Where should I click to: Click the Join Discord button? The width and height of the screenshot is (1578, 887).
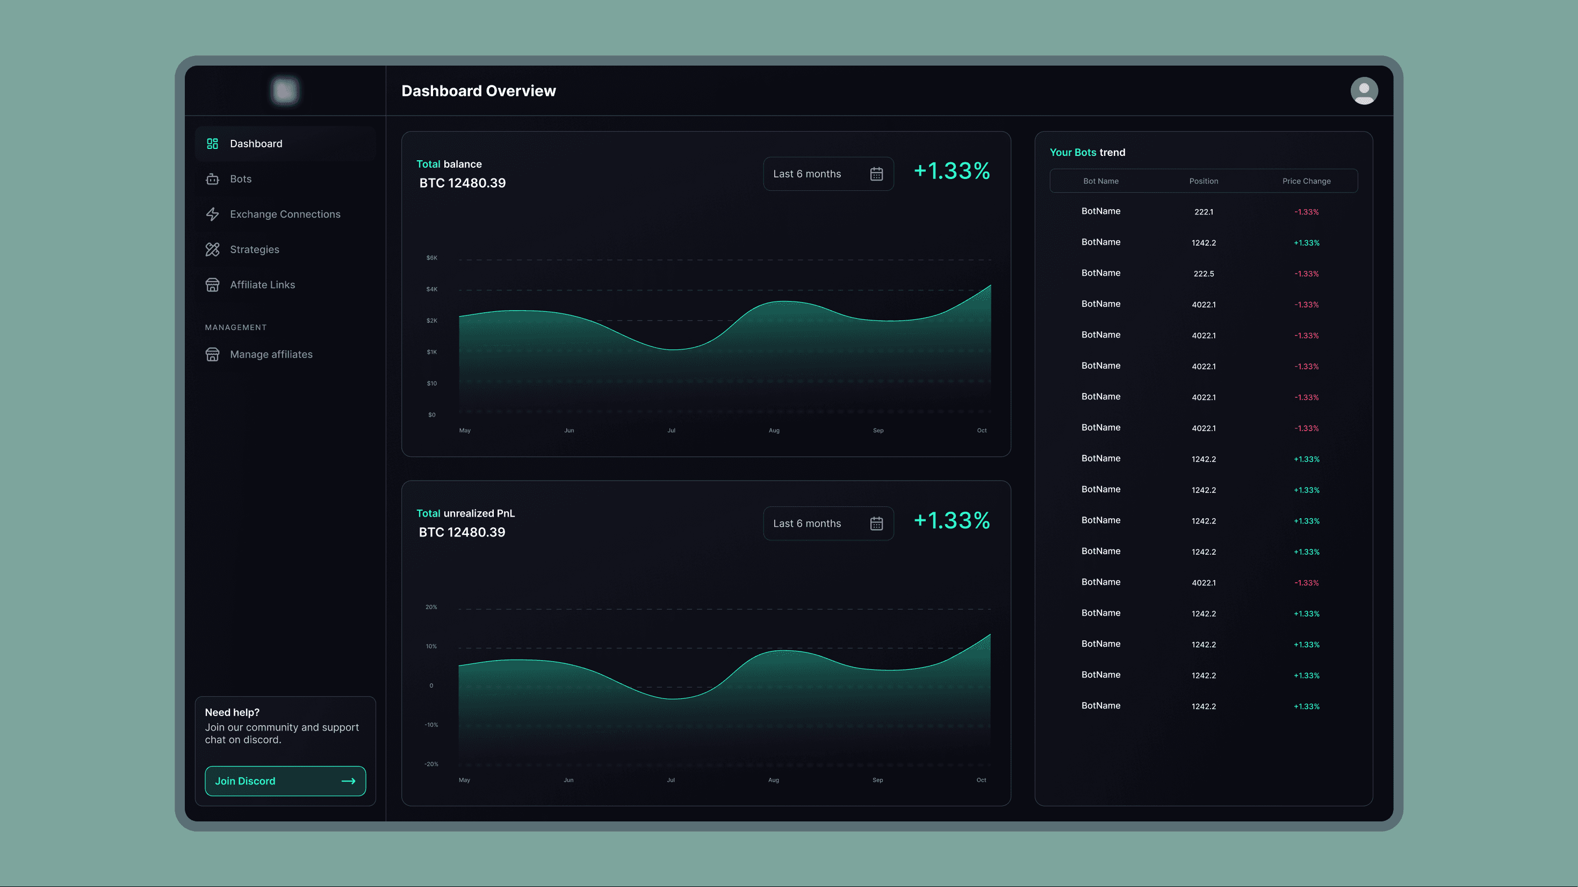pos(285,781)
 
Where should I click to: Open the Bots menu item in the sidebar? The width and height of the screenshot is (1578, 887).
pos(240,179)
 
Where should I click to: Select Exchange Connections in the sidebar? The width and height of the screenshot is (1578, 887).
pos(284,214)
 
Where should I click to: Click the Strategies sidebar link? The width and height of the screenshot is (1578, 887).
pos(254,249)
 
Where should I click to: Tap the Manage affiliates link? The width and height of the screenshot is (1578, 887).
pos(271,354)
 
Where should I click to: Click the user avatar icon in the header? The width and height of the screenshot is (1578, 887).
pos(1364,91)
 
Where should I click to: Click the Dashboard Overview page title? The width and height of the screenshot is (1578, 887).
pos(478,91)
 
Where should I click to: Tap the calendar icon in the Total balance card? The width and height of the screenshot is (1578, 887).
pos(876,174)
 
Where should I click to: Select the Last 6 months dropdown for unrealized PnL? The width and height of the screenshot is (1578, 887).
pos(827,523)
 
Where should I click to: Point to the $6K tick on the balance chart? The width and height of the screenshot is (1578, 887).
pos(432,257)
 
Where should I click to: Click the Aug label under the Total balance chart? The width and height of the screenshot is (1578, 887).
pos(774,430)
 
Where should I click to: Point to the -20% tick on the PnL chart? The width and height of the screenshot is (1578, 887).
pos(431,764)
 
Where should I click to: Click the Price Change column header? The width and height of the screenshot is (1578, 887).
pos(1306,181)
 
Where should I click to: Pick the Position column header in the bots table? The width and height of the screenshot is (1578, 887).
pos(1203,181)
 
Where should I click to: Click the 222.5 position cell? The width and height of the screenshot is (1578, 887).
pos(1203,274)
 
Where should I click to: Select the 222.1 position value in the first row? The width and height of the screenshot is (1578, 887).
pos(1203,211)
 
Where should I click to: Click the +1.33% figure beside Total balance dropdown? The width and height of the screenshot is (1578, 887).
pos(952,171)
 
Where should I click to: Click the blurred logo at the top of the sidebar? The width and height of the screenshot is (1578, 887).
pos(285,91)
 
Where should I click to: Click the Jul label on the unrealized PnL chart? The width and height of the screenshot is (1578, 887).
pos(671,779)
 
